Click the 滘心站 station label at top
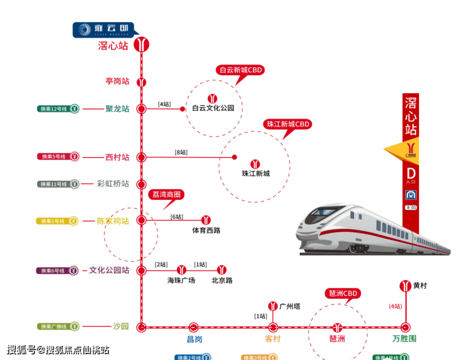113,46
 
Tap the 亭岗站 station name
117,81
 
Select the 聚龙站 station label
117,109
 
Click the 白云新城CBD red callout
240,70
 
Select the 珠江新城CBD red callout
287,124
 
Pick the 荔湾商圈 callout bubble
166,194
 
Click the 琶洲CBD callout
343,294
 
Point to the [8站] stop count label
181,152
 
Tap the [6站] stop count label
177,216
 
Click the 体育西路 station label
206,230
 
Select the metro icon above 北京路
221,269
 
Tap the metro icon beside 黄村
404,285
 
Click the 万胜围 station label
404,338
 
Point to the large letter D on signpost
411,172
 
